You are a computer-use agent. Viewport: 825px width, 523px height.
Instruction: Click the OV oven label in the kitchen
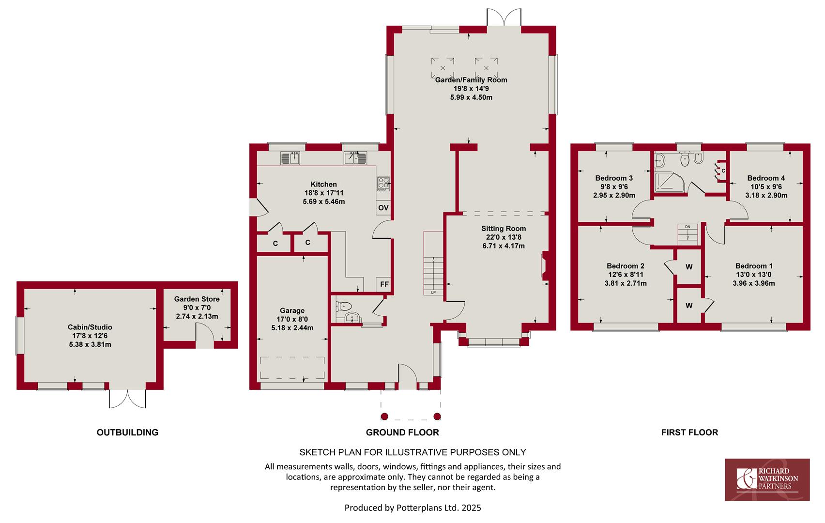coord(383,208)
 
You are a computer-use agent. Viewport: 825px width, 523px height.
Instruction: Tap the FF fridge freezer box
coord(384,284)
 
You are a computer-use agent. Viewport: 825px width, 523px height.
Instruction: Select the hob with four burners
coord(383,184)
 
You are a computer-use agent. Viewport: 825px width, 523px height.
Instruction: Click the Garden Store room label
coord(197,299)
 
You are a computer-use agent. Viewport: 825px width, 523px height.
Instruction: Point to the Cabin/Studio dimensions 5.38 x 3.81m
coord(90,344)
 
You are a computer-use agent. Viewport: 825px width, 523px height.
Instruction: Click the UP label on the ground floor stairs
coord(433,292)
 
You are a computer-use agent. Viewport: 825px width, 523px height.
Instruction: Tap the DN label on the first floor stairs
coord(687,227)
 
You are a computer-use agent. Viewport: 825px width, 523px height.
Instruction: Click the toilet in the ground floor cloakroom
coord(344,306)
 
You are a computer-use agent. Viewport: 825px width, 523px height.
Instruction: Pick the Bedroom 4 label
coord(766,178)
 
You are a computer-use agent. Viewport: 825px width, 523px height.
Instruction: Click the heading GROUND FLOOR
coord(402,432)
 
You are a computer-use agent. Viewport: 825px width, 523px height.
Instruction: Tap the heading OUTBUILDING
coord(127,432)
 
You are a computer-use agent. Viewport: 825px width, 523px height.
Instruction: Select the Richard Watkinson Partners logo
coord(767,479)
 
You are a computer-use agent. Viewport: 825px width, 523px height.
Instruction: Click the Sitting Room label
coord(504,229)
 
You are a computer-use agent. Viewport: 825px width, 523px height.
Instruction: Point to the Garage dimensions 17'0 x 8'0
coord(292,319)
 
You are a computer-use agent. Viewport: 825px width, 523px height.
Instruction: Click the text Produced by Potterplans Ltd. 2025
coord(412,508)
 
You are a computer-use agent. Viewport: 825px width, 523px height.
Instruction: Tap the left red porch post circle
coord(384,416)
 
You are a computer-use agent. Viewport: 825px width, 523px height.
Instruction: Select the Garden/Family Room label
coord(471,80)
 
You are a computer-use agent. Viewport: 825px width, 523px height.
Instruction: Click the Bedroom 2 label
coord(626,266)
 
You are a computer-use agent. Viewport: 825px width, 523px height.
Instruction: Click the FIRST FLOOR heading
coord(689,432)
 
